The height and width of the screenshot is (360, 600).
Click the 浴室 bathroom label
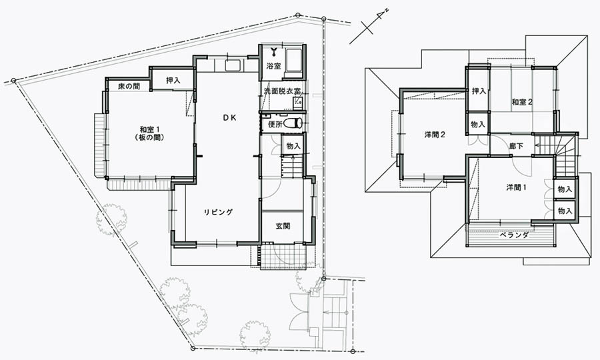[x=273, y=66]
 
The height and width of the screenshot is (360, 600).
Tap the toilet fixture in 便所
[x=295, y=123]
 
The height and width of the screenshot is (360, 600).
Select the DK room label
[x=230, y=118]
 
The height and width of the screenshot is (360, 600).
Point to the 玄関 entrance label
[x=283, y=226]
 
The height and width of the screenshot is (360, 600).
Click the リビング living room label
[x=218, y=212]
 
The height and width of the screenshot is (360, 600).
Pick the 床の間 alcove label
[x=129, y=87]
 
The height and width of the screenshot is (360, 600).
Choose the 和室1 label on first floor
[x=149, y=129]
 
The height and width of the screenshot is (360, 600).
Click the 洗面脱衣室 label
[x=282, y=91]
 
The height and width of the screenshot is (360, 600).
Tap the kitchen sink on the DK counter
[x=233, y=65]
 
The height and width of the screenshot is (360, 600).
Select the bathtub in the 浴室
[x=293, y=60]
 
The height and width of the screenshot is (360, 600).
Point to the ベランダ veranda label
[x=513, y=235]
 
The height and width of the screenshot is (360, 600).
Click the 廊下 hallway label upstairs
[x=516, y=146]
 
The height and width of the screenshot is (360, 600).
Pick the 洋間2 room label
[x=434, y=135]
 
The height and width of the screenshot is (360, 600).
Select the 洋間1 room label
[x=516, y=187]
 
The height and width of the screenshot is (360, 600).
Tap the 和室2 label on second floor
[x=522, y=102]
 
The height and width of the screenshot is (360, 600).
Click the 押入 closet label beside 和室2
[x=479, y=91]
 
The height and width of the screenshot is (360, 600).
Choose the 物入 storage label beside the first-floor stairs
[x=293, y=146]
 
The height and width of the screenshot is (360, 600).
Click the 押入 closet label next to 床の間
[x=173, y=81]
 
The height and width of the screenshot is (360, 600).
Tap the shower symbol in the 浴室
[x=274, y=51]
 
